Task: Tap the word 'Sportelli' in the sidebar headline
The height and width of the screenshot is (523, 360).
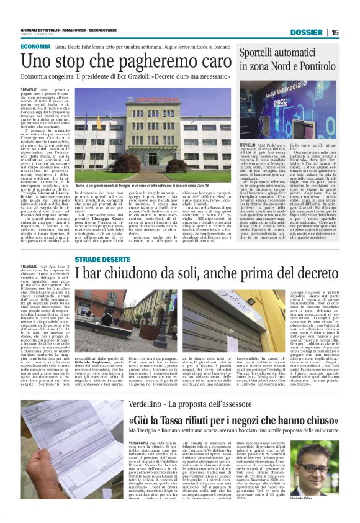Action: point(263,52)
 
